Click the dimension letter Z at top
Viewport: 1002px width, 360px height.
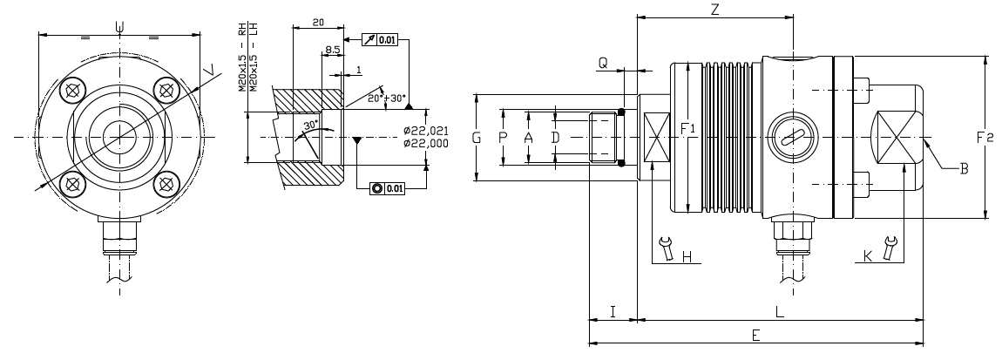(x=714, y=10)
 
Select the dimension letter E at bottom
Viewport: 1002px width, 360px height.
(x=755, y=335)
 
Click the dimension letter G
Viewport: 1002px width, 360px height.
(x=476, y=138)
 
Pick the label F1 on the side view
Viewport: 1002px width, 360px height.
(x=687, y=128)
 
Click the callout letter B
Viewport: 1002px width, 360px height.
(x=965, y=168)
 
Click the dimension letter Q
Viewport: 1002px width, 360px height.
(x=603, y=63)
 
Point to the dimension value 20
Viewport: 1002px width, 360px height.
(x=318, y=21)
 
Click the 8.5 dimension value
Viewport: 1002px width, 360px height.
(x=332, y=51)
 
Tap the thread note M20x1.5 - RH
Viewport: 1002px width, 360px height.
(x=242, y=57)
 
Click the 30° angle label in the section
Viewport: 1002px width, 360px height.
(x=311, y=125)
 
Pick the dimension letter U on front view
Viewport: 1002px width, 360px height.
(x=119, y=26)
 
